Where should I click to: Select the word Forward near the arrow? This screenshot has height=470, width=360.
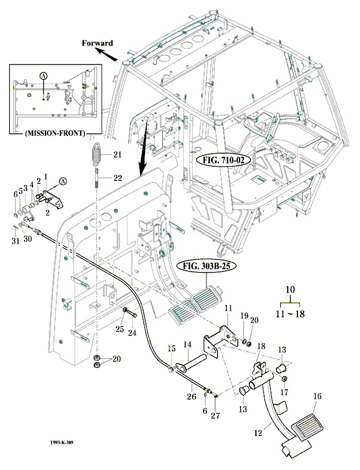(97, 43)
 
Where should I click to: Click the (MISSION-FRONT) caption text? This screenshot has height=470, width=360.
(55, 134)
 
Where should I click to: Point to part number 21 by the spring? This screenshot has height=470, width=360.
(117, 155)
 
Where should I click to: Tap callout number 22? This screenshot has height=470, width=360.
(117, 178)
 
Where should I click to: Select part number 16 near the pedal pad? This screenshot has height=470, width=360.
(317, 397)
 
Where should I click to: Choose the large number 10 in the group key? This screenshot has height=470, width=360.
(291, 290)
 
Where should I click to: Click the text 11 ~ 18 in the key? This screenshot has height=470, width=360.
(291, 313)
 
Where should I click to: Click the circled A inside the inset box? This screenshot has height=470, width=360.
(43, 75)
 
